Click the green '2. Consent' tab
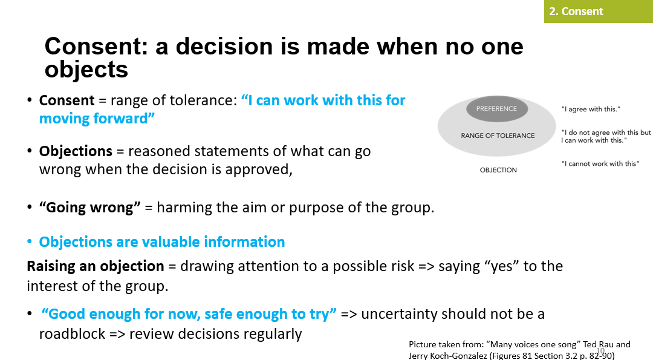[599, 11]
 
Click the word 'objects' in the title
[86, 69]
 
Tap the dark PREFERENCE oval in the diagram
[497, 109]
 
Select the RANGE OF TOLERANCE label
[498, 136]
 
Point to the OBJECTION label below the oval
[498, 170]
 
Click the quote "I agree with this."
[591, 109]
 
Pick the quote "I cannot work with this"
[600, 164]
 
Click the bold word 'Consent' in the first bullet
[67, 100]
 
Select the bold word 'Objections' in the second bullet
[76, 151]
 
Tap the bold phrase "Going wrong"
[89, 208]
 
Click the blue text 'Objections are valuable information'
[162, 241]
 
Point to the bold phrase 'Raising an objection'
[96, 266]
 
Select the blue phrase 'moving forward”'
[97, 119]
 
